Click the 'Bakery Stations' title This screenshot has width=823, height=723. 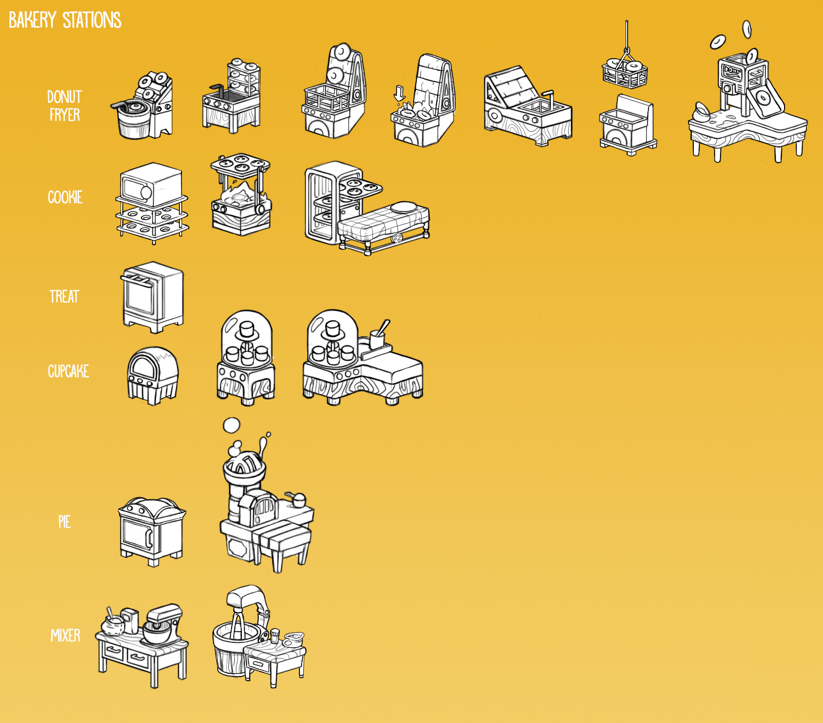point(65,20)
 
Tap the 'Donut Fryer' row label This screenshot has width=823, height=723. point(65,106)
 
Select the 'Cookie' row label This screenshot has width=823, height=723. point(65,197)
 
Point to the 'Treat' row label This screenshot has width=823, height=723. point(64,296)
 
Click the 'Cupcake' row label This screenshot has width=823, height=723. point(68,371)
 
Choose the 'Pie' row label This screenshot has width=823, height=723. point(65,522)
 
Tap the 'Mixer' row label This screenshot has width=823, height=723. point(66,635)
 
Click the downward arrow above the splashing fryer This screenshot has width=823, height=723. point(399,92)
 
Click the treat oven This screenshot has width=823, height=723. point(153,296)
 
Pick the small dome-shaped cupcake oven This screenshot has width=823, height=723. point(152,374)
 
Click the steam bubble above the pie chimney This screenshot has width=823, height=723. point(231,425)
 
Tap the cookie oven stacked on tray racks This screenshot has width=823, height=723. point(152,185)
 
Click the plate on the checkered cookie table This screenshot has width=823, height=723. point(404,207)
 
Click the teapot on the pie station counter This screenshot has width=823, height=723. point(297,500)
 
